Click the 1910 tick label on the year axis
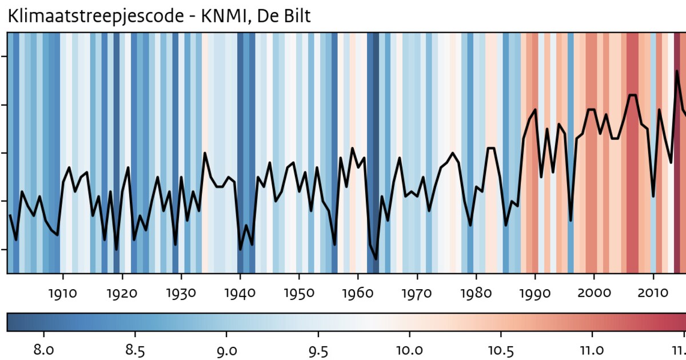click(x=63, y=293)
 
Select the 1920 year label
click(x=122, y=293)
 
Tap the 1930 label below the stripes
click(x=181, y=293)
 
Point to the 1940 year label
click(x=240, y=293)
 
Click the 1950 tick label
click(x=299, y=293)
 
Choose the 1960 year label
click(x=358, y=293)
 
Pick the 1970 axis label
click(x=417, y=293)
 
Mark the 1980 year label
click(x=476, y=293)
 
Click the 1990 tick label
click(x=535, y=293)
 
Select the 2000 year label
click(x=594, y=293)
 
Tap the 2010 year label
click(x=653, y=293)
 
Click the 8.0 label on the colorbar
click(x=43, y=350)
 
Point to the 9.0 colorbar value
click(x=227, y=351)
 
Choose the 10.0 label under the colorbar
click(x=409, y=350)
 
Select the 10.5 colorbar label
click(x=501, y=351)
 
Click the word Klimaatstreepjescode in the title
click(x=95, y=17)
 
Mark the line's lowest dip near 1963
click(x=376, y=259)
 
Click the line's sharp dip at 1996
click(x=571, y=220)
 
